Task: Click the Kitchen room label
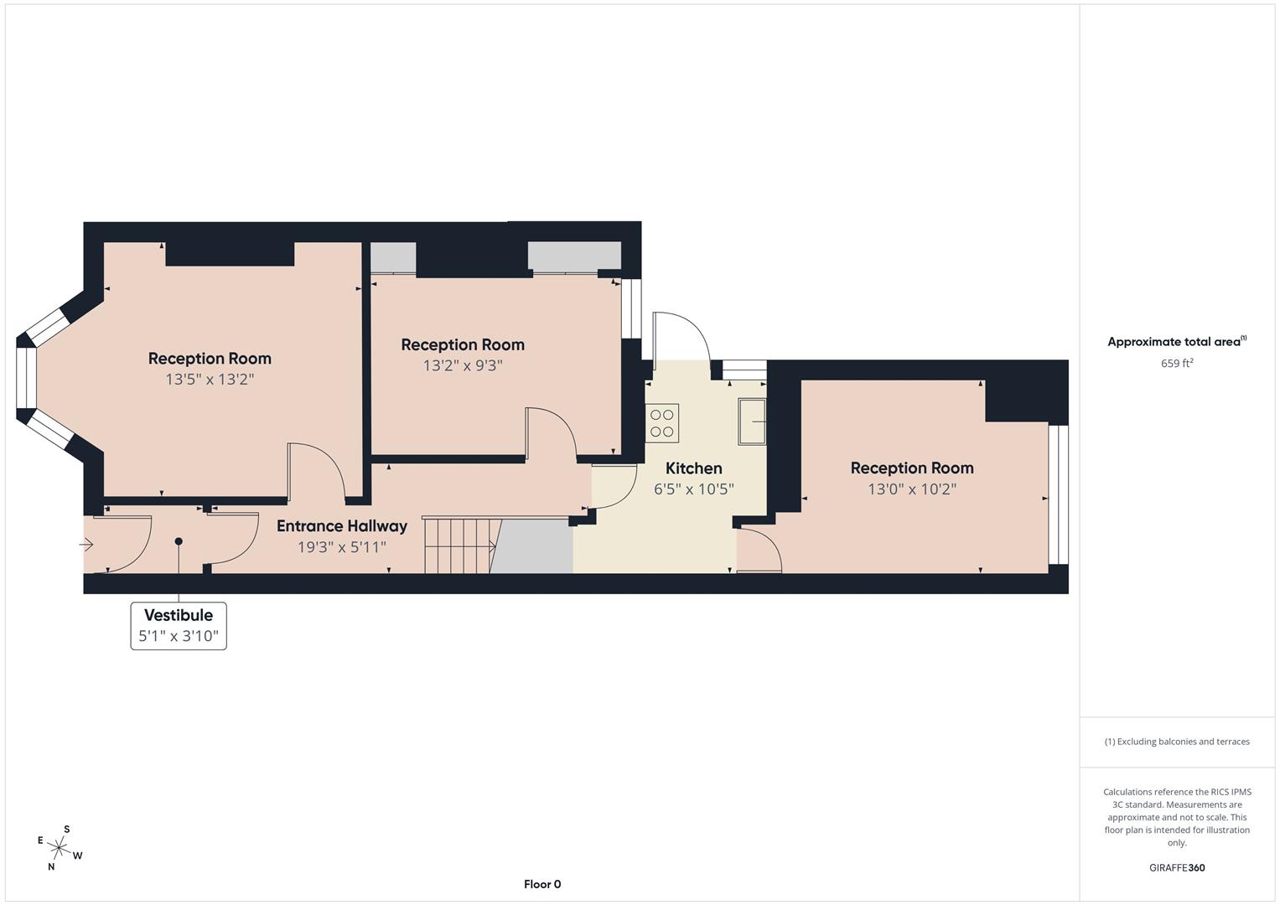[693, 468]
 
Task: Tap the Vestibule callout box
[179, 625]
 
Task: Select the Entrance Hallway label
[342, 526]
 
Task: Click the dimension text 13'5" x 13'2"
[210, 380]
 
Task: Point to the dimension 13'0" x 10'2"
[912, 489]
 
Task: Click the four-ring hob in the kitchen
[662, 422]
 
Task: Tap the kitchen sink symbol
[751, 421]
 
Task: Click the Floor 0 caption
[542, 884]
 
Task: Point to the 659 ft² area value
[1177, 364]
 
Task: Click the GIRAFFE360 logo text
[1177, 868]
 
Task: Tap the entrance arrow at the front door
[86, 546]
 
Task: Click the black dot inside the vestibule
[179, 542]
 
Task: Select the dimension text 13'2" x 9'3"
[463, 366]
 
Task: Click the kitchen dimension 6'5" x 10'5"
[694, 489]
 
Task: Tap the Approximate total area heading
[1177, 342]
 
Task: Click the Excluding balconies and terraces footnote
[1177, 742]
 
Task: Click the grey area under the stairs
[533, 546]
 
